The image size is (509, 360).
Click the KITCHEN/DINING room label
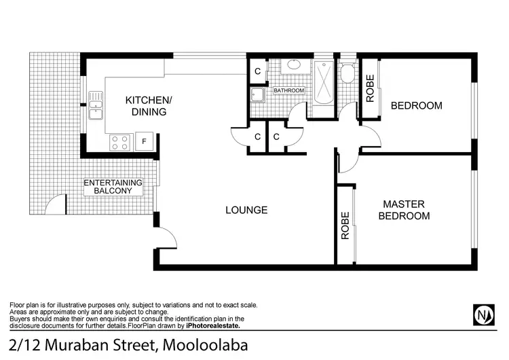[x=149, y=106]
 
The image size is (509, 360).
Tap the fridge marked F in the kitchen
[x=144, y=141]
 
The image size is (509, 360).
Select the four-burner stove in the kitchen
[x=120, y=141]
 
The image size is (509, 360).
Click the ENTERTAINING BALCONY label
[x=113, y=187]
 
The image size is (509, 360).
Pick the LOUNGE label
[x=246, y=210]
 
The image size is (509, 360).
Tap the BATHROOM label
[x=289, y=90]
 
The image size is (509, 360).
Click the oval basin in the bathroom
[x=294, y=66]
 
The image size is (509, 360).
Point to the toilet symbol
[x=347, y=72]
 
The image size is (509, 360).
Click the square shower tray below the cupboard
[x=258, y=95]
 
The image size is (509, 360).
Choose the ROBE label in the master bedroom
[x=345, y=226]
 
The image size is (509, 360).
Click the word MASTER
[x=403, y=204]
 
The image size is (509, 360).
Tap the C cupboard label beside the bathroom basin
[x=258, y=71]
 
